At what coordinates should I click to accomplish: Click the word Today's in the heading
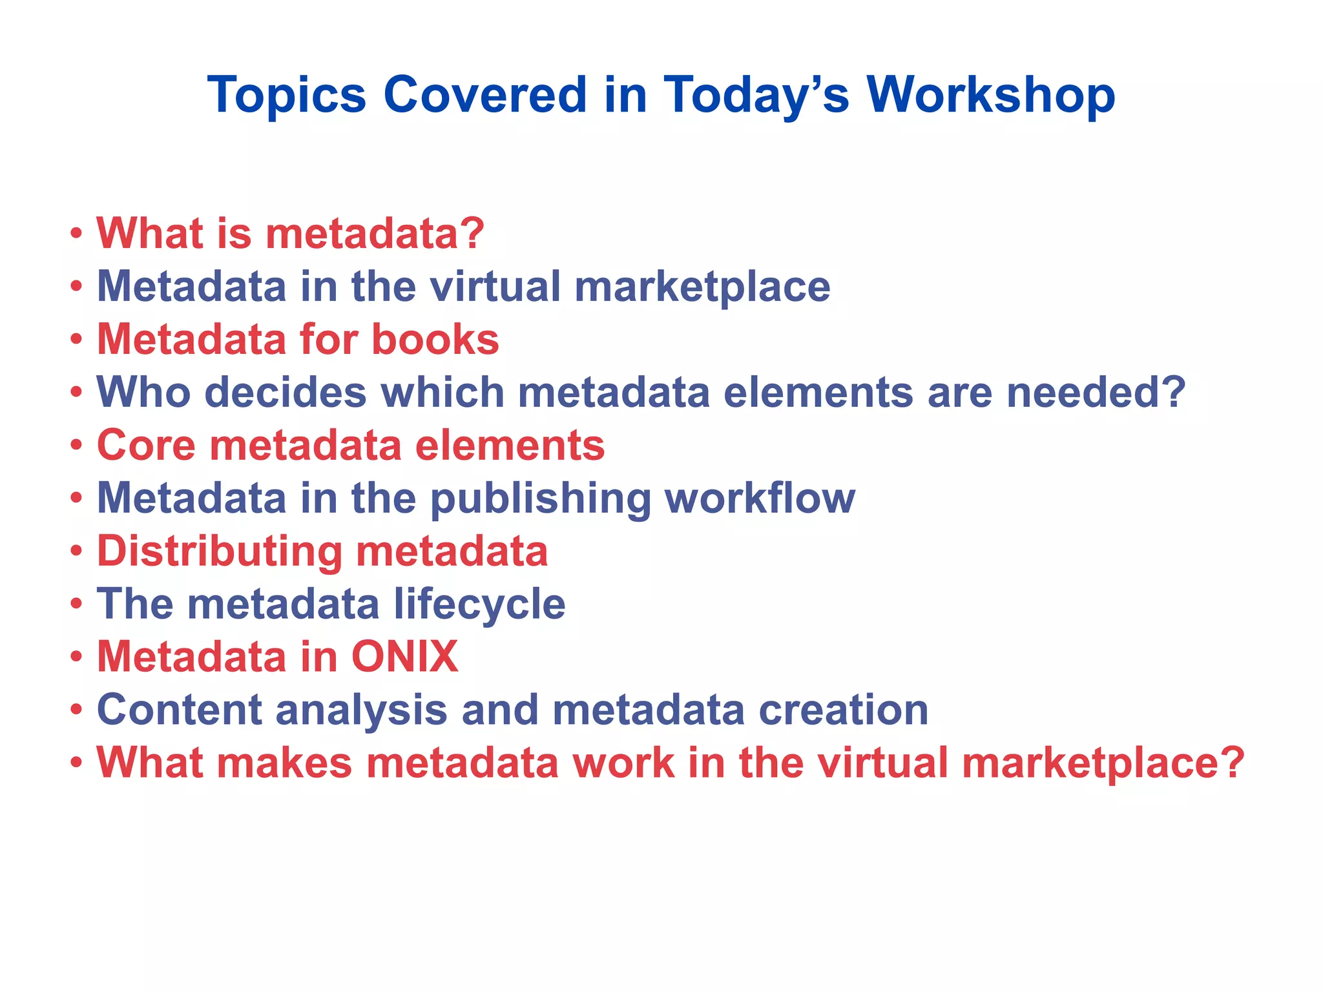tap(756, 95)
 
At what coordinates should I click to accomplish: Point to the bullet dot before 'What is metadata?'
tap(76, 233)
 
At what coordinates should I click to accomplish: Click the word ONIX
tap(404, 657)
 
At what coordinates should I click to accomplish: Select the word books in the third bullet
tap(435, 339)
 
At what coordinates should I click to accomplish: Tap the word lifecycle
tap(479, 604)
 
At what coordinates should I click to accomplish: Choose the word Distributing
tap(220, 552)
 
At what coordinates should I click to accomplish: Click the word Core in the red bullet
tap(146, 445)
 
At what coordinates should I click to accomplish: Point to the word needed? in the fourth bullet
tap(1096, 392)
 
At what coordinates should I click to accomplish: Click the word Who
tap(143, 392)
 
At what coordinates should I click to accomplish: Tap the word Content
tap(180, 710)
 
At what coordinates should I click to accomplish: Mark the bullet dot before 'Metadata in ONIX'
tap(76, 657)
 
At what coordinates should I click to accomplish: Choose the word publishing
tap(541, 499)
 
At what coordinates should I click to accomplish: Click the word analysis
tap(362, 710)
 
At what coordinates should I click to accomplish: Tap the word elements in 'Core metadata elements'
tap(510, 445)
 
